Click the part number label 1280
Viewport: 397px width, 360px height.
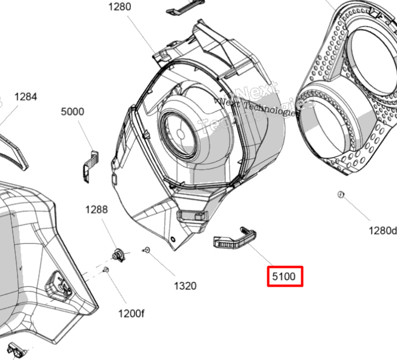click(119, 8)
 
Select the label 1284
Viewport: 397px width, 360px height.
click(25, 96)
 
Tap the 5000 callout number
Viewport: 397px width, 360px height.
click(72, 112)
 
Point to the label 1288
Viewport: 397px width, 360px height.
click(96, 210)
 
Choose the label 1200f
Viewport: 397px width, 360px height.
click(130, 313)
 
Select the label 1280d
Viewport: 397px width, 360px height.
click(382, 230)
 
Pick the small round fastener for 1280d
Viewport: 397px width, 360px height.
click(341, 195)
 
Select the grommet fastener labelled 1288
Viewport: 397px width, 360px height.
click(119, 254)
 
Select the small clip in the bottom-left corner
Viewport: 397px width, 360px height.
click(18, 350)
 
